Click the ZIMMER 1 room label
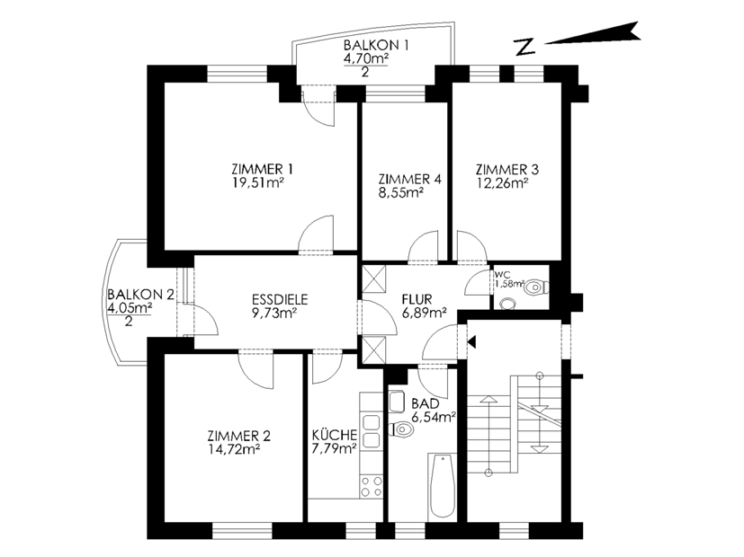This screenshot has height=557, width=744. pyautogui.click(x=262, y=169)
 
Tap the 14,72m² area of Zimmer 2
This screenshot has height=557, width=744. pyautogui.click(x=233, y=448)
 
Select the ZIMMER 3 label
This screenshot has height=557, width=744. pyautogui.click(x=507, y=169)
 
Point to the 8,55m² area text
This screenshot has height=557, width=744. pyautogui.click(x=401, y=193)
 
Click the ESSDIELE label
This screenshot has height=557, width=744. pyautogui.click(x=280, y=299)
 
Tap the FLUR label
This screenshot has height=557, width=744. pyautogui.click(x=417, y=299)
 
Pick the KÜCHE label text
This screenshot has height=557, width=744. pyautogui.click(x=335, y=434)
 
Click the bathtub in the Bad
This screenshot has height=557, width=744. pyautogui.click(x=443, y=485)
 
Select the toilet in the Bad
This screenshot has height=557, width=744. pyautogui.click(x=400, y=430)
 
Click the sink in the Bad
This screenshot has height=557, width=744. pyautogui.click(x=396, y=402)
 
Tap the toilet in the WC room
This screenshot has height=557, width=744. pyautogui.click(x=537, y=287)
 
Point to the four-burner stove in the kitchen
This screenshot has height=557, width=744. pyautogui.click(x=371, y=486)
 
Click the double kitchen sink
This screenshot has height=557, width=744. pyautogui.click(x=371, y=431)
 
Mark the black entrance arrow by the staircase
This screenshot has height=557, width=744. pyautogui.click(x=471, y=341)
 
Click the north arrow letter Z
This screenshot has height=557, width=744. pyautogui.click(x=524, y=48)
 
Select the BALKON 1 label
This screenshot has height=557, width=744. pyautogui.click(x=376, y=46)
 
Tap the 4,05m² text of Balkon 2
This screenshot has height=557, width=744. pyautogui.click(x=130, y=308)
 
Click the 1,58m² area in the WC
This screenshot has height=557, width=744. pyautogui.click(x=509, y=284)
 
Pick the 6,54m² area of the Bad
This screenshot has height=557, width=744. pyautogui.click(x=434, y=417)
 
